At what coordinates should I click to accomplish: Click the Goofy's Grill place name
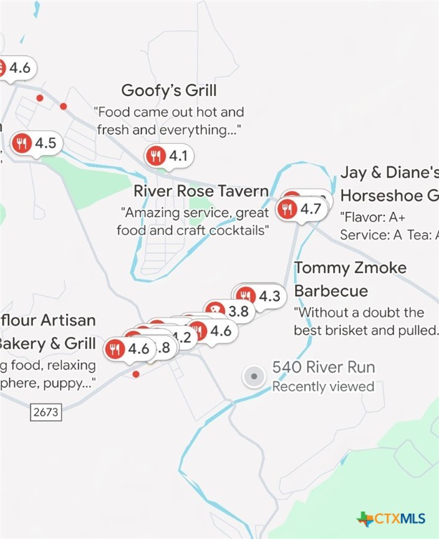168,91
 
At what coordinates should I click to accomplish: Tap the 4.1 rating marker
169,156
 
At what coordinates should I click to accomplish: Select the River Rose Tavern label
201,191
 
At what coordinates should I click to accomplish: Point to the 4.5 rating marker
36,144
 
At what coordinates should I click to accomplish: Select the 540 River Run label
323,367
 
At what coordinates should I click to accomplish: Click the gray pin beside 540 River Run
253,378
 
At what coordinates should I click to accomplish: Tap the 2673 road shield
46,412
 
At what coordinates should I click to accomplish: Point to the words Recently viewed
323,387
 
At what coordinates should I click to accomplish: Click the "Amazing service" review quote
194,221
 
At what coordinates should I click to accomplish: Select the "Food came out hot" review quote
169,121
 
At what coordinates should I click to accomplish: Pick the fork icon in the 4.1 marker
156,156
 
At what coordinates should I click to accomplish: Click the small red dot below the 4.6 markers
135,374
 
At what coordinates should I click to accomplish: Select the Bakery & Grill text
46,343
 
